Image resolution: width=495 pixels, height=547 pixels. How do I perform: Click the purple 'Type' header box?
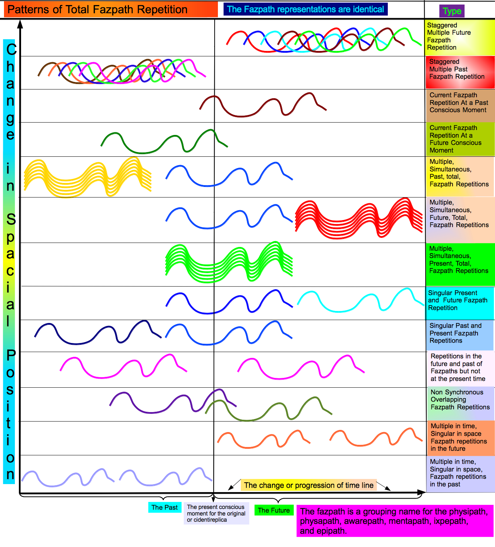pos(452,11)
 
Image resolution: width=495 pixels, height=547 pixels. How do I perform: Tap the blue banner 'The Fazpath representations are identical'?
pos(305,9)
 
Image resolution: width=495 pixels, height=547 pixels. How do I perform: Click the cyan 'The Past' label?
pos(165,507)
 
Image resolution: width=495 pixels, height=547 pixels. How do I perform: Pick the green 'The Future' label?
pos(274,510)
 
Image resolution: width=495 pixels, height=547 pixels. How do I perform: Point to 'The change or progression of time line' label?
pos(309,485)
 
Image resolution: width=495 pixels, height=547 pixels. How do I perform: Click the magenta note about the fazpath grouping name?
pos(395,521)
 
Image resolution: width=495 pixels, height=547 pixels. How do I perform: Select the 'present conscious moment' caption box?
pos(216,513)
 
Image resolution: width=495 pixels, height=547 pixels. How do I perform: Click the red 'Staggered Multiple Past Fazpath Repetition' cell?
pos(460,72)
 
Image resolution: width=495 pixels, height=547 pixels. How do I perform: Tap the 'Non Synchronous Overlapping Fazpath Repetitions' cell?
pos(461,404)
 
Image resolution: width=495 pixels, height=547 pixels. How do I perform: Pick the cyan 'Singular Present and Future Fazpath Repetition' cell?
pos(460,303)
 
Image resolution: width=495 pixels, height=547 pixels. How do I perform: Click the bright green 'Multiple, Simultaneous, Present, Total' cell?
pos(460,264)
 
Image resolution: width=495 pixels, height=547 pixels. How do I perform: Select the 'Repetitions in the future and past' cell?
pos(461,368)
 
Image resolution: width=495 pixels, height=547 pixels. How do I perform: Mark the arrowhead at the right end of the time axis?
pos(422,492)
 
